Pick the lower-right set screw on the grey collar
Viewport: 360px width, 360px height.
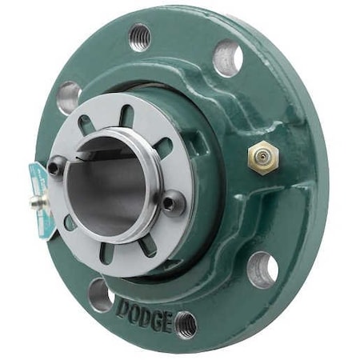click(170, 204)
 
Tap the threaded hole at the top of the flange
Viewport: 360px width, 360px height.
click(140, 35)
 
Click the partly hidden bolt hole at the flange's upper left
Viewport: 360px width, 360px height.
click(69, 97)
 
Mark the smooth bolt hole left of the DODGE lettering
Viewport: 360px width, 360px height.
click(101, 294)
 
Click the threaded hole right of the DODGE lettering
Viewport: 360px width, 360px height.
click(186, 324)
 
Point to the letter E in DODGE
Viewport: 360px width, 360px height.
click(164, 321)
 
